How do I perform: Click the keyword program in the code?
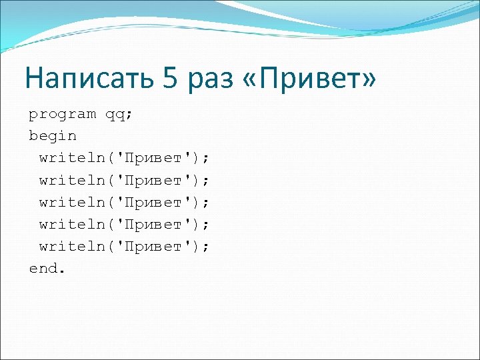click(62, 115)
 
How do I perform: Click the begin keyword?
click(53, 135)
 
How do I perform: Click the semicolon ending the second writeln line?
click(206, 180)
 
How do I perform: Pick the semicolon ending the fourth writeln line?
click(206, 224)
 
